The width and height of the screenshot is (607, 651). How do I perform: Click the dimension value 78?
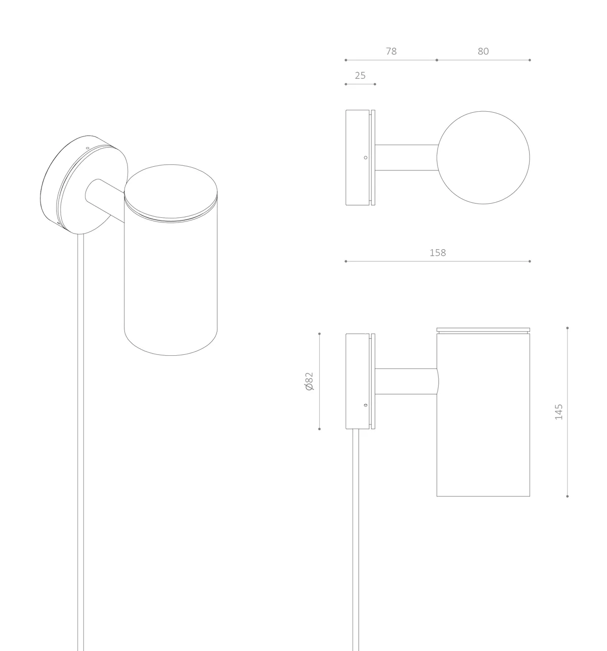391,52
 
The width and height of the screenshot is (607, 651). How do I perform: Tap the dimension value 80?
483,52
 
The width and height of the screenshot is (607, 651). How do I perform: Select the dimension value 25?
360,76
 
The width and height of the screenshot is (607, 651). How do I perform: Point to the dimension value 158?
438,253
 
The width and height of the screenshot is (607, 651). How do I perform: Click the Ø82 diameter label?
309,381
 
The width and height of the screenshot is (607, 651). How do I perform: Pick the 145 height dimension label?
558,412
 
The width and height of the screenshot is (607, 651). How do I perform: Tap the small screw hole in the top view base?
366,158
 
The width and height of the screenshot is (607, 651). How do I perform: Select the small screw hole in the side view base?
366,405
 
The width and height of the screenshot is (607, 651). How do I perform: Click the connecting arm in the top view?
406,158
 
